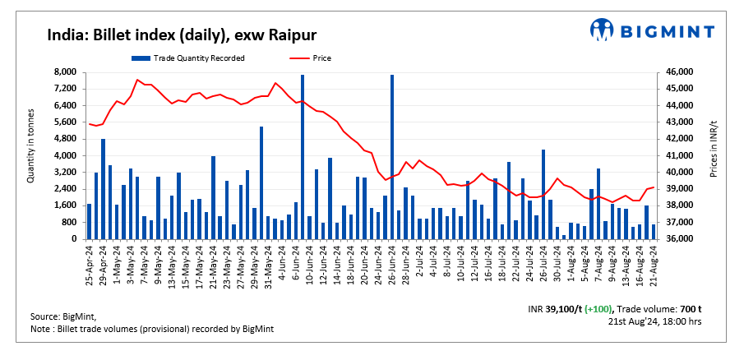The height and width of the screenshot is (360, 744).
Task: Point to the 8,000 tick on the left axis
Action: click(x=65, y=72)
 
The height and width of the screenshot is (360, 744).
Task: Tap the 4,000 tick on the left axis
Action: click(x=65, y=156)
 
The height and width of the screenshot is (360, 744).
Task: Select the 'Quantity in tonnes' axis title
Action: click(x=30, y=145)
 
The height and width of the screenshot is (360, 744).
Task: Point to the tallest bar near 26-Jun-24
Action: click(x=391, y=156)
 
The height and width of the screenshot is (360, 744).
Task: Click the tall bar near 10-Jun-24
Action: click(x=303, y=156)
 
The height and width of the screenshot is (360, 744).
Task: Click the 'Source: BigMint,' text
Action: click(x=63, y=316)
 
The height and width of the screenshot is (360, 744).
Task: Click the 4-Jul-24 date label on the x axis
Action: click(x=433, y=262)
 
